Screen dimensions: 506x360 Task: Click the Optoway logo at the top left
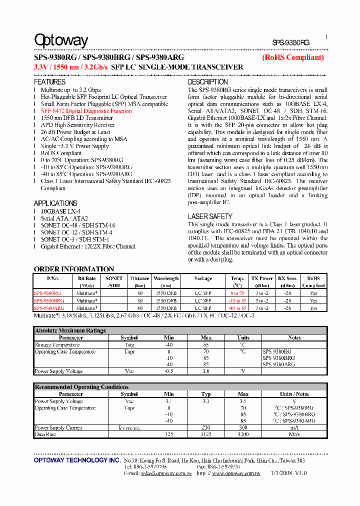click(x=60, y=40)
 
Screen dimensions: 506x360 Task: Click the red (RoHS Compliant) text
click(x=293, y=57)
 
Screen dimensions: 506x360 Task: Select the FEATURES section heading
click(x=49, y=82)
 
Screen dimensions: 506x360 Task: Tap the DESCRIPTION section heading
click(x=207, y=82)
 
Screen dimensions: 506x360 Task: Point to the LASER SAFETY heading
click(x=210, y=216)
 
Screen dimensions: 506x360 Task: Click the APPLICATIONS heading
click(x=55, y=203)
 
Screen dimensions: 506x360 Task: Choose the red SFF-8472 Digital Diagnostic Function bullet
click(x=86, y=111)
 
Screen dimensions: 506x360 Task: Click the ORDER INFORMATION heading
click(x=74, y=269)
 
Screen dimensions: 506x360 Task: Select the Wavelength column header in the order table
click(x=166, y=278)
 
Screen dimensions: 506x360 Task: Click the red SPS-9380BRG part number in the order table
click(x=49, y=301)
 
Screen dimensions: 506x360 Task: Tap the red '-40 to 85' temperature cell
click(x=237, y=308)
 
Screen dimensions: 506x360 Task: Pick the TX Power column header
click(x=262, y=278)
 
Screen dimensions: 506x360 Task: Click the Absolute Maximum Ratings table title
click(x=70, y=330)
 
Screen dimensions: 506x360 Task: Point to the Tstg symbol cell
click(x=129, y=344)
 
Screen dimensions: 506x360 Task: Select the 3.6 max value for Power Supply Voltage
click(x=206, y=371)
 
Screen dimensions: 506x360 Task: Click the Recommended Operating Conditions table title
click(x=81, y=387)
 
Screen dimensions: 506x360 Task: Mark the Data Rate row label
click(x=44, y=434)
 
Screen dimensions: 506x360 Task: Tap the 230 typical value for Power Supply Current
click(x=205, y=428)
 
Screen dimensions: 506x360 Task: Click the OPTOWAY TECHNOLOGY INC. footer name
click(x=76, y=460)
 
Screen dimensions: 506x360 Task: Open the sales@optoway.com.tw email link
click(x=159, y=473)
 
